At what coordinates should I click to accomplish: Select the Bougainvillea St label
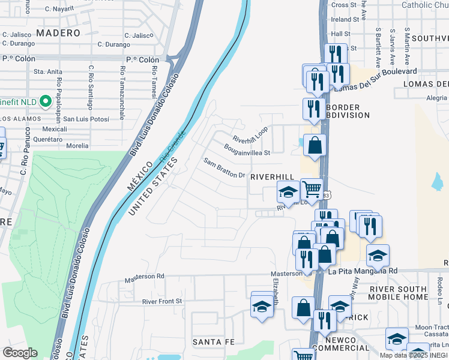point(247,149)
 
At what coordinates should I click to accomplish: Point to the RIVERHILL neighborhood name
point(273,177)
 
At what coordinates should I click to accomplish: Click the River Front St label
point(161,301)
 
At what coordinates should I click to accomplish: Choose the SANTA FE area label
point(209,341)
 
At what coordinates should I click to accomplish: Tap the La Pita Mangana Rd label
point(363,271)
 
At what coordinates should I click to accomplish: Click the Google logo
point(20,353)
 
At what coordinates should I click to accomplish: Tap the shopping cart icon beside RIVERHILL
point(312,190)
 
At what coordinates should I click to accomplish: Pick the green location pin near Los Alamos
point(44,101)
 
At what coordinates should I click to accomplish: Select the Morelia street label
point(77,145)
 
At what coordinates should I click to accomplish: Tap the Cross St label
point(344,5)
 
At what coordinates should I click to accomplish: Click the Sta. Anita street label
point(48,71)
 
